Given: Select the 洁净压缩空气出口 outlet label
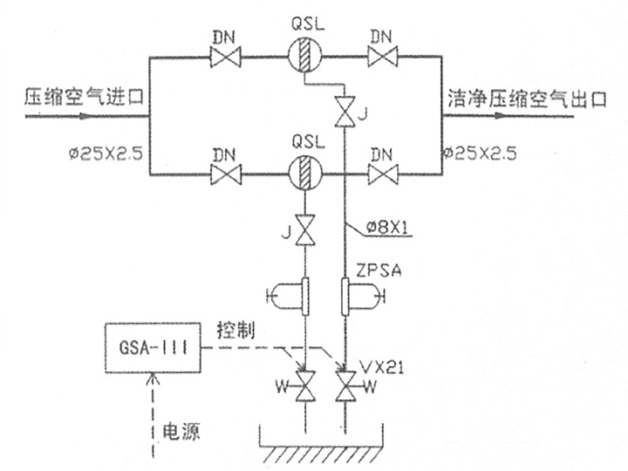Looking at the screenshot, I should (x=527, y=98).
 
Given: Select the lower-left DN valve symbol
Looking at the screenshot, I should (x=226, y=175).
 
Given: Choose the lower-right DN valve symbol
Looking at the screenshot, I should (x=383, y=175).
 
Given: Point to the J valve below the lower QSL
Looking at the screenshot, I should (x=304, y=230).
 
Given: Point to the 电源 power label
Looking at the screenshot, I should (x=180, y=431).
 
